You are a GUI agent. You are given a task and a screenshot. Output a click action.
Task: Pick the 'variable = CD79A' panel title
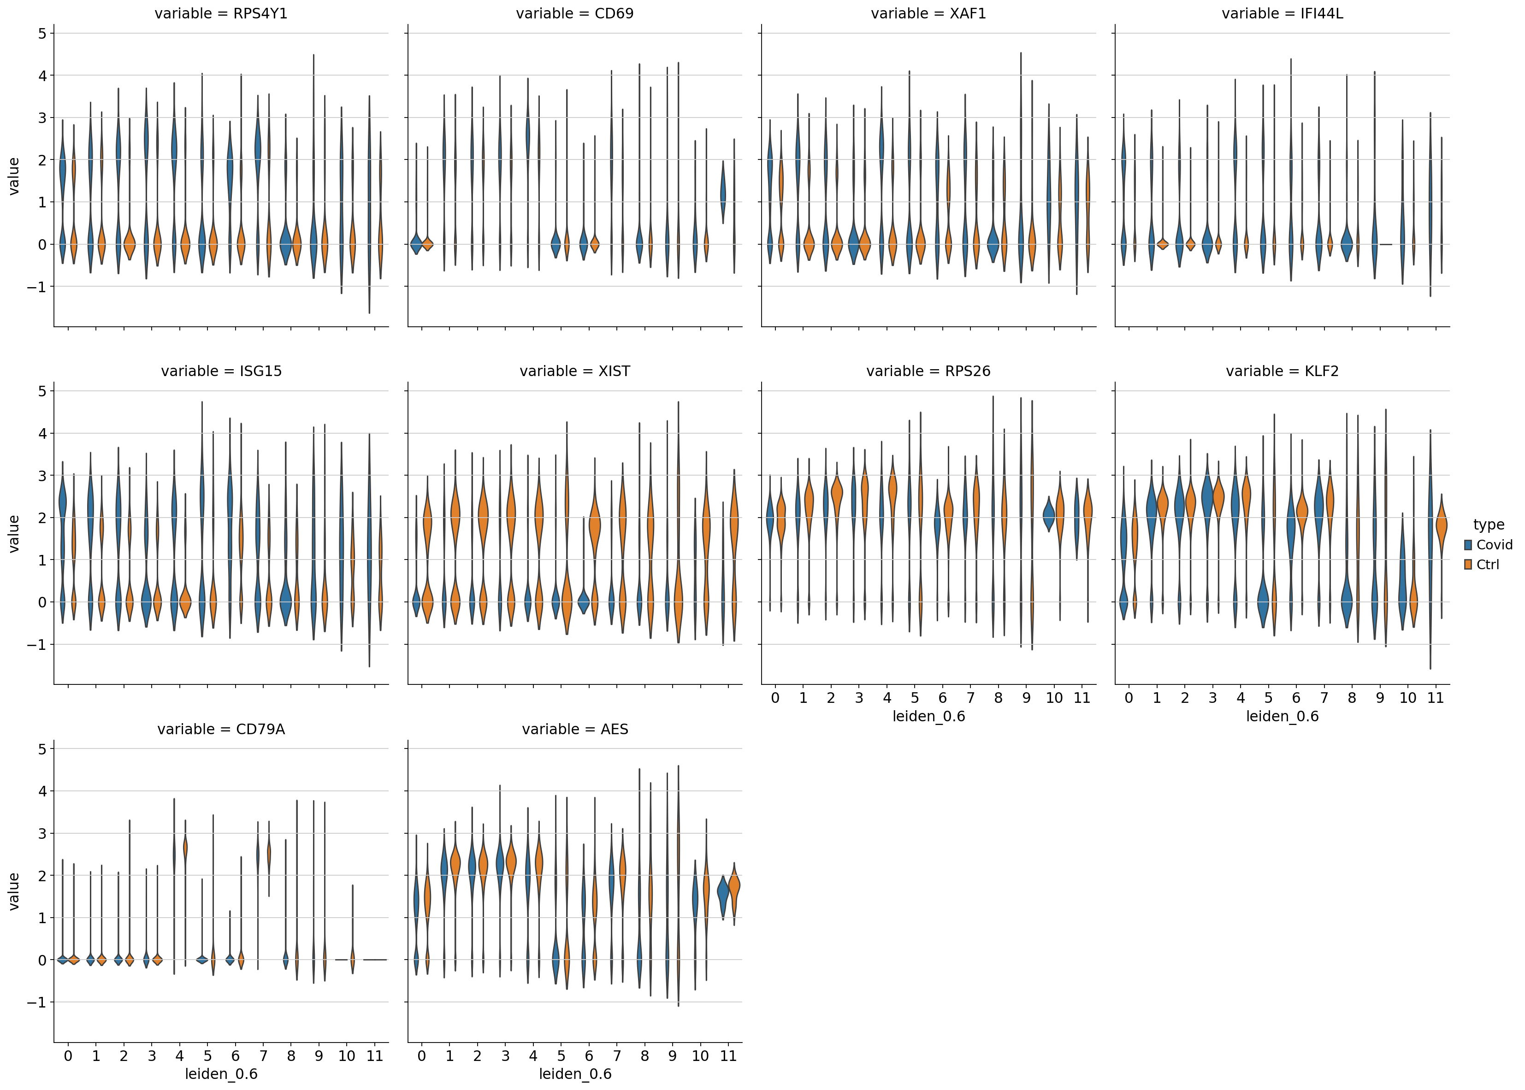point(221,730)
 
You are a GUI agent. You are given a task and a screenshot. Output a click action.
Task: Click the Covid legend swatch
point(1468,545)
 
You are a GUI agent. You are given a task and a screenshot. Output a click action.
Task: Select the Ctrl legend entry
point(1487,565)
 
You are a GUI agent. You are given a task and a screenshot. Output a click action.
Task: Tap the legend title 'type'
point(1489,525)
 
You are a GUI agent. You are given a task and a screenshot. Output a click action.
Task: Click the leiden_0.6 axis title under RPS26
point(928,717)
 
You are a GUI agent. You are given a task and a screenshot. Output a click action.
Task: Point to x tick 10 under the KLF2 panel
point(1407,698)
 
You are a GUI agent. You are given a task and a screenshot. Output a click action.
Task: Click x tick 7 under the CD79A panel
point(263,1056)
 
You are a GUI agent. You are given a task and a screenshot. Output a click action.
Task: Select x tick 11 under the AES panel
point(728,1056)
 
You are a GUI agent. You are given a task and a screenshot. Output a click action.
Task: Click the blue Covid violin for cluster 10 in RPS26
point(1049,515)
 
